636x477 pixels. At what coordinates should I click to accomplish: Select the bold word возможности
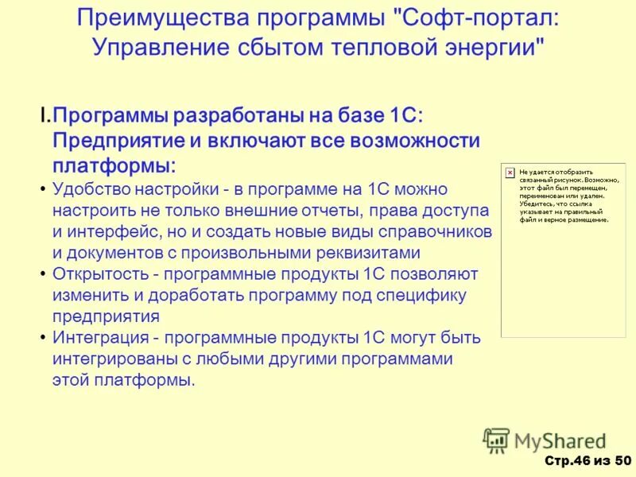(413, 141)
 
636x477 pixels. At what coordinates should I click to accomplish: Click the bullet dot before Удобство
(41, 190)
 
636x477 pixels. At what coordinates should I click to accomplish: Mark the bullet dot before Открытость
(41, 274)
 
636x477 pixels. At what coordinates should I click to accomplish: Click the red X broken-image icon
(509, 171)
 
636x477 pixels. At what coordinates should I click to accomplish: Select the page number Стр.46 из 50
(588, 461)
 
